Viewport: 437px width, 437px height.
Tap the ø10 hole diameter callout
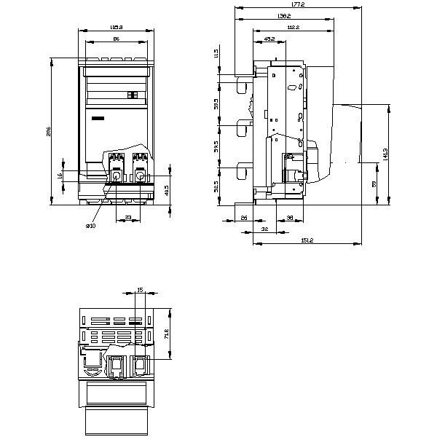(90, 227)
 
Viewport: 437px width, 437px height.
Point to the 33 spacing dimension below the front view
(128, 217)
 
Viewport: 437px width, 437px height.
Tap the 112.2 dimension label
(294, 27)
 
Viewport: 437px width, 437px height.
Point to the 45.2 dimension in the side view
(269, 38)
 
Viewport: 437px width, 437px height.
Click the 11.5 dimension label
(216, 54)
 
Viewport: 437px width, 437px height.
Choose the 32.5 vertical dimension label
(216, 188)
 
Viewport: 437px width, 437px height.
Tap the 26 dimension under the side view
(243, 217)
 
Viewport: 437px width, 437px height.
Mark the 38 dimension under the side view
(289, 217)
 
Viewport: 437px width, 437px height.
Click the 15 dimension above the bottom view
(140, 290)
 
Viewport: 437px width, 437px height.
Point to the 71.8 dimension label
(167, 334)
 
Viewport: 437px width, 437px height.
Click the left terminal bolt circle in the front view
(115, 177)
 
